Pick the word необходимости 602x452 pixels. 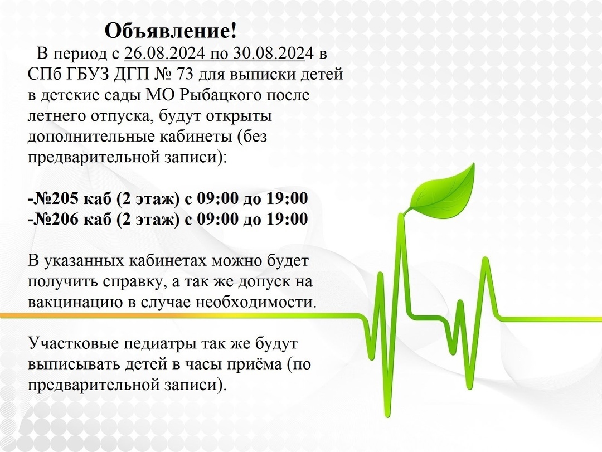[275, 303]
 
